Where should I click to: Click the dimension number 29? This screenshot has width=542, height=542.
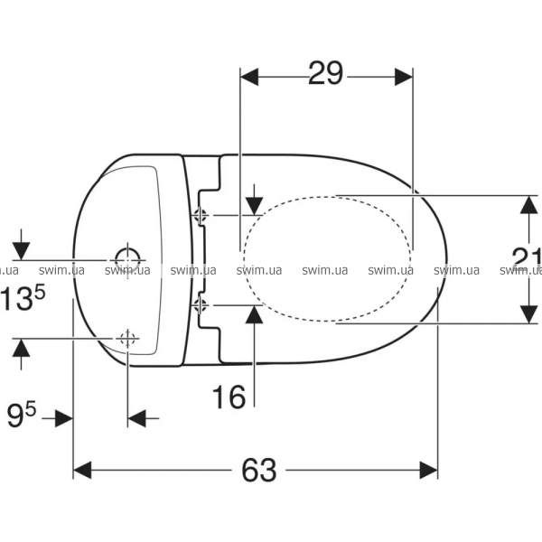point(325,73)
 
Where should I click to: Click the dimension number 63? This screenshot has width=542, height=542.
point(259,470)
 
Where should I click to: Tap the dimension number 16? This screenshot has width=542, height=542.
point(229,397)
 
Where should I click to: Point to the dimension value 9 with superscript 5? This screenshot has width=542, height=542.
point(22,416)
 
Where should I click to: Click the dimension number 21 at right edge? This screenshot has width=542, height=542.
point(527,259)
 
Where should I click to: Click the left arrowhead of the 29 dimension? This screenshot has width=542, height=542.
point(249,77)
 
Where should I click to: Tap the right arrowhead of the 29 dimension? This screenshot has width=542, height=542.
point(404,77)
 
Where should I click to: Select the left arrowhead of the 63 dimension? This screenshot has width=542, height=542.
point(82,470)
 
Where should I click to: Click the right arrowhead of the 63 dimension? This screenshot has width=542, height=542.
point(428,470)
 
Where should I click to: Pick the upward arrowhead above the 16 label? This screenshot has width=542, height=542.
point(254,314)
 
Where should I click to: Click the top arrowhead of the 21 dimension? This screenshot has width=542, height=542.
point(528,205)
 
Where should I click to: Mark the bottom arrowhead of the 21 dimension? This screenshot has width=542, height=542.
point(528,314)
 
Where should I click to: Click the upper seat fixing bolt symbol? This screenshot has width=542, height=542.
point(201,215)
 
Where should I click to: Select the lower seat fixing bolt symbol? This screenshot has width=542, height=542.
point(200,305)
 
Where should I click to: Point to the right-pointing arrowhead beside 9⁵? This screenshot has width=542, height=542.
point(64,418)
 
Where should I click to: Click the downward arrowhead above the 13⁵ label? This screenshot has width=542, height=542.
point(21,251)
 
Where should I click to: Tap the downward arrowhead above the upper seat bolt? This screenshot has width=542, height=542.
point(255,206)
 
